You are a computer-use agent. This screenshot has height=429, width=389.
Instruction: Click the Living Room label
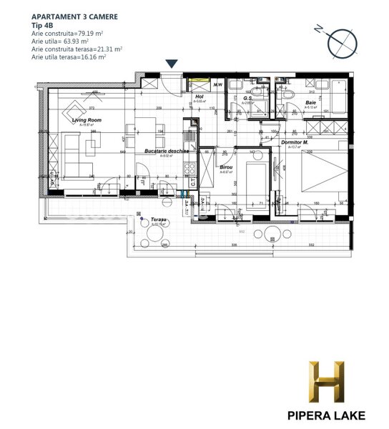(x=84, y=121)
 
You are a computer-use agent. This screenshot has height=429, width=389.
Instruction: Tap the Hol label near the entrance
(x=200, y=97)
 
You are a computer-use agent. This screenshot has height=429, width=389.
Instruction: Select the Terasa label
(x=158, y=220)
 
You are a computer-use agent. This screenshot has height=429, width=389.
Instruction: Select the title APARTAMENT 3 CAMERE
(x=74, y=15)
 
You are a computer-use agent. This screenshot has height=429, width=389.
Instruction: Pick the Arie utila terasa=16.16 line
(x=69, y=57)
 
